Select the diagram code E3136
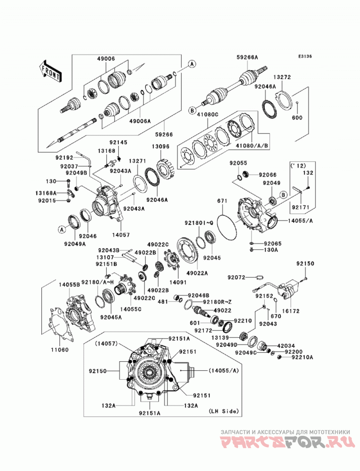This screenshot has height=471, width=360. coord(305,56)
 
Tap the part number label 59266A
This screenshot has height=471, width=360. coord(247,58)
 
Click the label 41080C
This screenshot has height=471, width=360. coord(207,114)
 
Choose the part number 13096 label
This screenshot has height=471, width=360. coord(161,147)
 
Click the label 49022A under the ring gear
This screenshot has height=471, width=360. coord(197,273)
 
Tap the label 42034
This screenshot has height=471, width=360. coord(286,346)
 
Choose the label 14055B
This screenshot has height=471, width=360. coord(69,284)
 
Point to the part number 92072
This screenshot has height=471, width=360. coord(237,277)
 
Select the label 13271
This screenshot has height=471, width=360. coord(138,161)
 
